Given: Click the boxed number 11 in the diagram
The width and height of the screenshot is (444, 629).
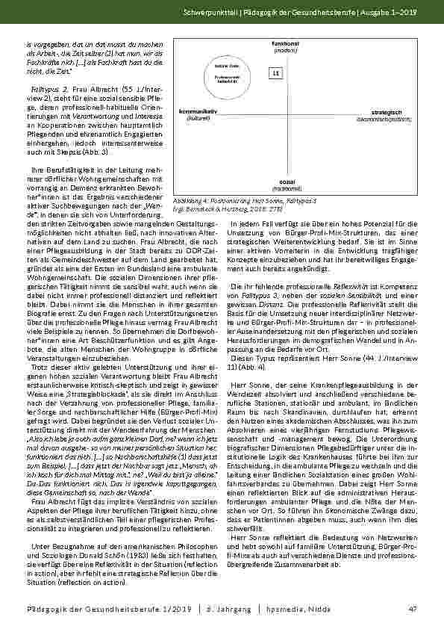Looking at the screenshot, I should [275, 73].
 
